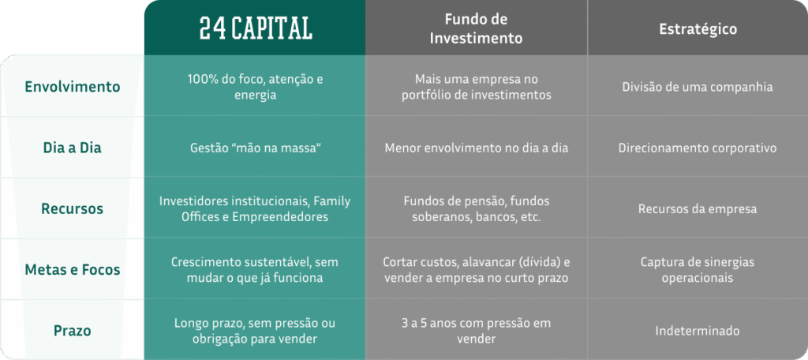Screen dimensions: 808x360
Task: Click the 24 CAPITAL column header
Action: tap(256, 29)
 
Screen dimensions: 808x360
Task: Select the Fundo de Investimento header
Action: tap(476, 29)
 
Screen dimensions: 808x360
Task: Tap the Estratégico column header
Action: tap(698, 29)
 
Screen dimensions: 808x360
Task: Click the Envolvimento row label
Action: tap(73, 87)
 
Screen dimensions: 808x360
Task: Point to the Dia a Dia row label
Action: tap(72, 148)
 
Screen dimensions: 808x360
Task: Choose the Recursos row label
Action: tap(72, 209)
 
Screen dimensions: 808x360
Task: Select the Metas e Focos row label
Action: tap(73, 270)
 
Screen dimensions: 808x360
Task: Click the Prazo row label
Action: tap(72, 331)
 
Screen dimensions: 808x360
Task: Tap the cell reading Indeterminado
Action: tap(698, 331)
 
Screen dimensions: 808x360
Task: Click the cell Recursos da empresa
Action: tap(698, 209)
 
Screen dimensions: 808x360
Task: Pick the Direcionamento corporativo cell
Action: tap(698, 148)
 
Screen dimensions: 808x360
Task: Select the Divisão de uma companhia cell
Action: tap(698, 87)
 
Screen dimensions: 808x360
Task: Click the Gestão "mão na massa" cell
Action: tap(255, 148)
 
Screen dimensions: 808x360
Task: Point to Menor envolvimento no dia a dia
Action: tap(476, 148)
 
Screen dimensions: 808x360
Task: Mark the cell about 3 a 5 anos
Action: tap(476, 331)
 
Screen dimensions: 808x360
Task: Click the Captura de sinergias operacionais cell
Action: tap(698, 270)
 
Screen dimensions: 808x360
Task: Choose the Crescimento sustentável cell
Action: tap(255, 270)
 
